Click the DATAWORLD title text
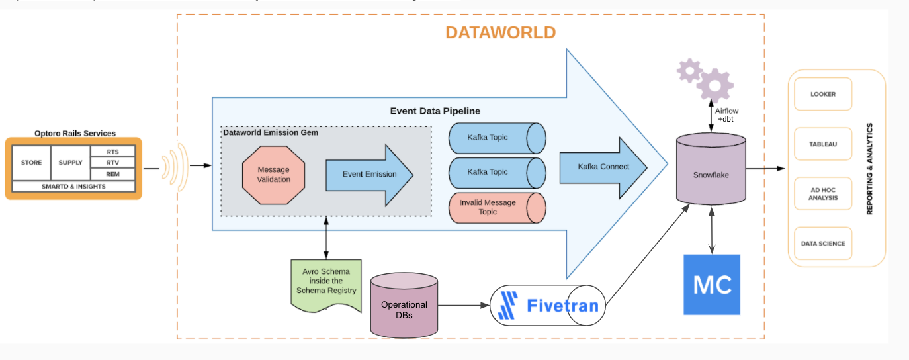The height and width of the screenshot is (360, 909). coord(500,33)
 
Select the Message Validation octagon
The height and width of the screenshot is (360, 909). coord(273,175)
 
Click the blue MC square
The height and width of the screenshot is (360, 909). coord(712,285)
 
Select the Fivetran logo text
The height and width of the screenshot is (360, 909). coord(562,306)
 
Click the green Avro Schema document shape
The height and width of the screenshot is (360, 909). coord(326,283)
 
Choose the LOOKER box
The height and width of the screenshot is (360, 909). coord(822,94)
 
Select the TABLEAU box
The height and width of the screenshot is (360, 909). coord(822,144)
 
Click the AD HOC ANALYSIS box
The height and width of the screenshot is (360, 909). coord(822,194)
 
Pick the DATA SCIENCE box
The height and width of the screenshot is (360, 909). coord(822,244)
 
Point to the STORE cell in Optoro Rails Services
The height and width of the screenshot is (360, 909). coord(31,163)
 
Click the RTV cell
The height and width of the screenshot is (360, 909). coord(112,163)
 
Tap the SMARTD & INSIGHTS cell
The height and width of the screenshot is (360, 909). coord(73,186)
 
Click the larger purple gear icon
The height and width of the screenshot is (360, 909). coord(715,85)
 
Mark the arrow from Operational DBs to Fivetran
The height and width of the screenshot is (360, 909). coord(463,306)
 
